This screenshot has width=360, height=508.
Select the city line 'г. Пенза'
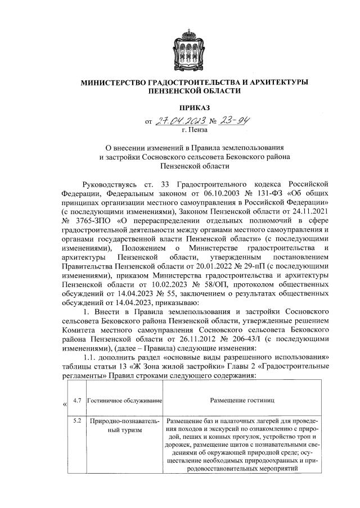(x=195, y=130)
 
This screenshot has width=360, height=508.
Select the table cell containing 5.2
(x=78, y=420)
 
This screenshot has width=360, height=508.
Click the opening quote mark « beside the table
(x=65, y=404)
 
